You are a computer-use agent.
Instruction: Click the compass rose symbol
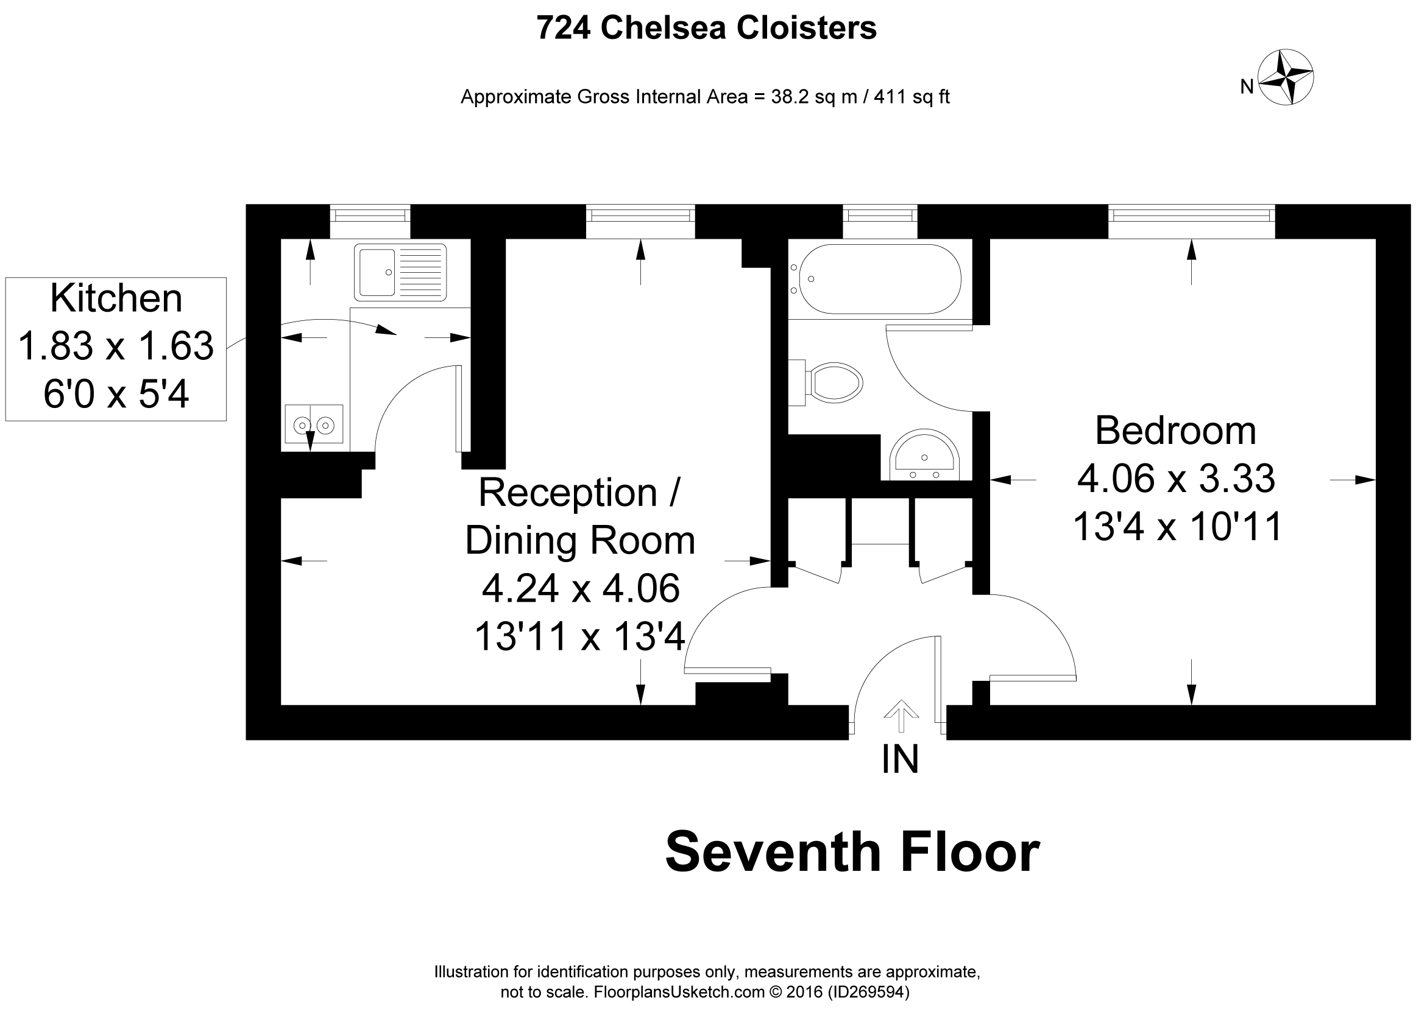[x=1285, y=77]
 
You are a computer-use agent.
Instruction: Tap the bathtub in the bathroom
[x=879, y=279]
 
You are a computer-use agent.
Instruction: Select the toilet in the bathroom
[x=833, y=382]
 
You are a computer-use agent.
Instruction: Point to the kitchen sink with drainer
[x=400, y=273]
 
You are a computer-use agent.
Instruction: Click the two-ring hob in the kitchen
[x=314, y=424]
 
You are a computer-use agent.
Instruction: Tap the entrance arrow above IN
[x=901, y=715]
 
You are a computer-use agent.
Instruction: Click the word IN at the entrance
[x=900, y=759]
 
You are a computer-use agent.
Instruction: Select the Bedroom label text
[x=1175, y=431]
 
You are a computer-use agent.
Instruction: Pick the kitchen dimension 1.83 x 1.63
[x=116, y=346]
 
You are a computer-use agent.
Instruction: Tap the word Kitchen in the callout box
[x=116, y=298]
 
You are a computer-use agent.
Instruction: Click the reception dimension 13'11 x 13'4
[x=579, y=636]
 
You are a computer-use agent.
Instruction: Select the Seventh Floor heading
[x=852, y=853]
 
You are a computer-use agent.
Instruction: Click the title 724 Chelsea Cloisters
[x=706, y=28]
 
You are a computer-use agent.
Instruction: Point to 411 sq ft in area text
[x=912, y=97]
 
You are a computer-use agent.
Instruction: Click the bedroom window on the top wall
[x=1191, y=216]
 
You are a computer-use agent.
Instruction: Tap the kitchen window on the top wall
[x=370, y=216]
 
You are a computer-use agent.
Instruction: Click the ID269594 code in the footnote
[x=868, y=991]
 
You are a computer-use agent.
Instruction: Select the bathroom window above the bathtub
[x=880, y=216]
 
